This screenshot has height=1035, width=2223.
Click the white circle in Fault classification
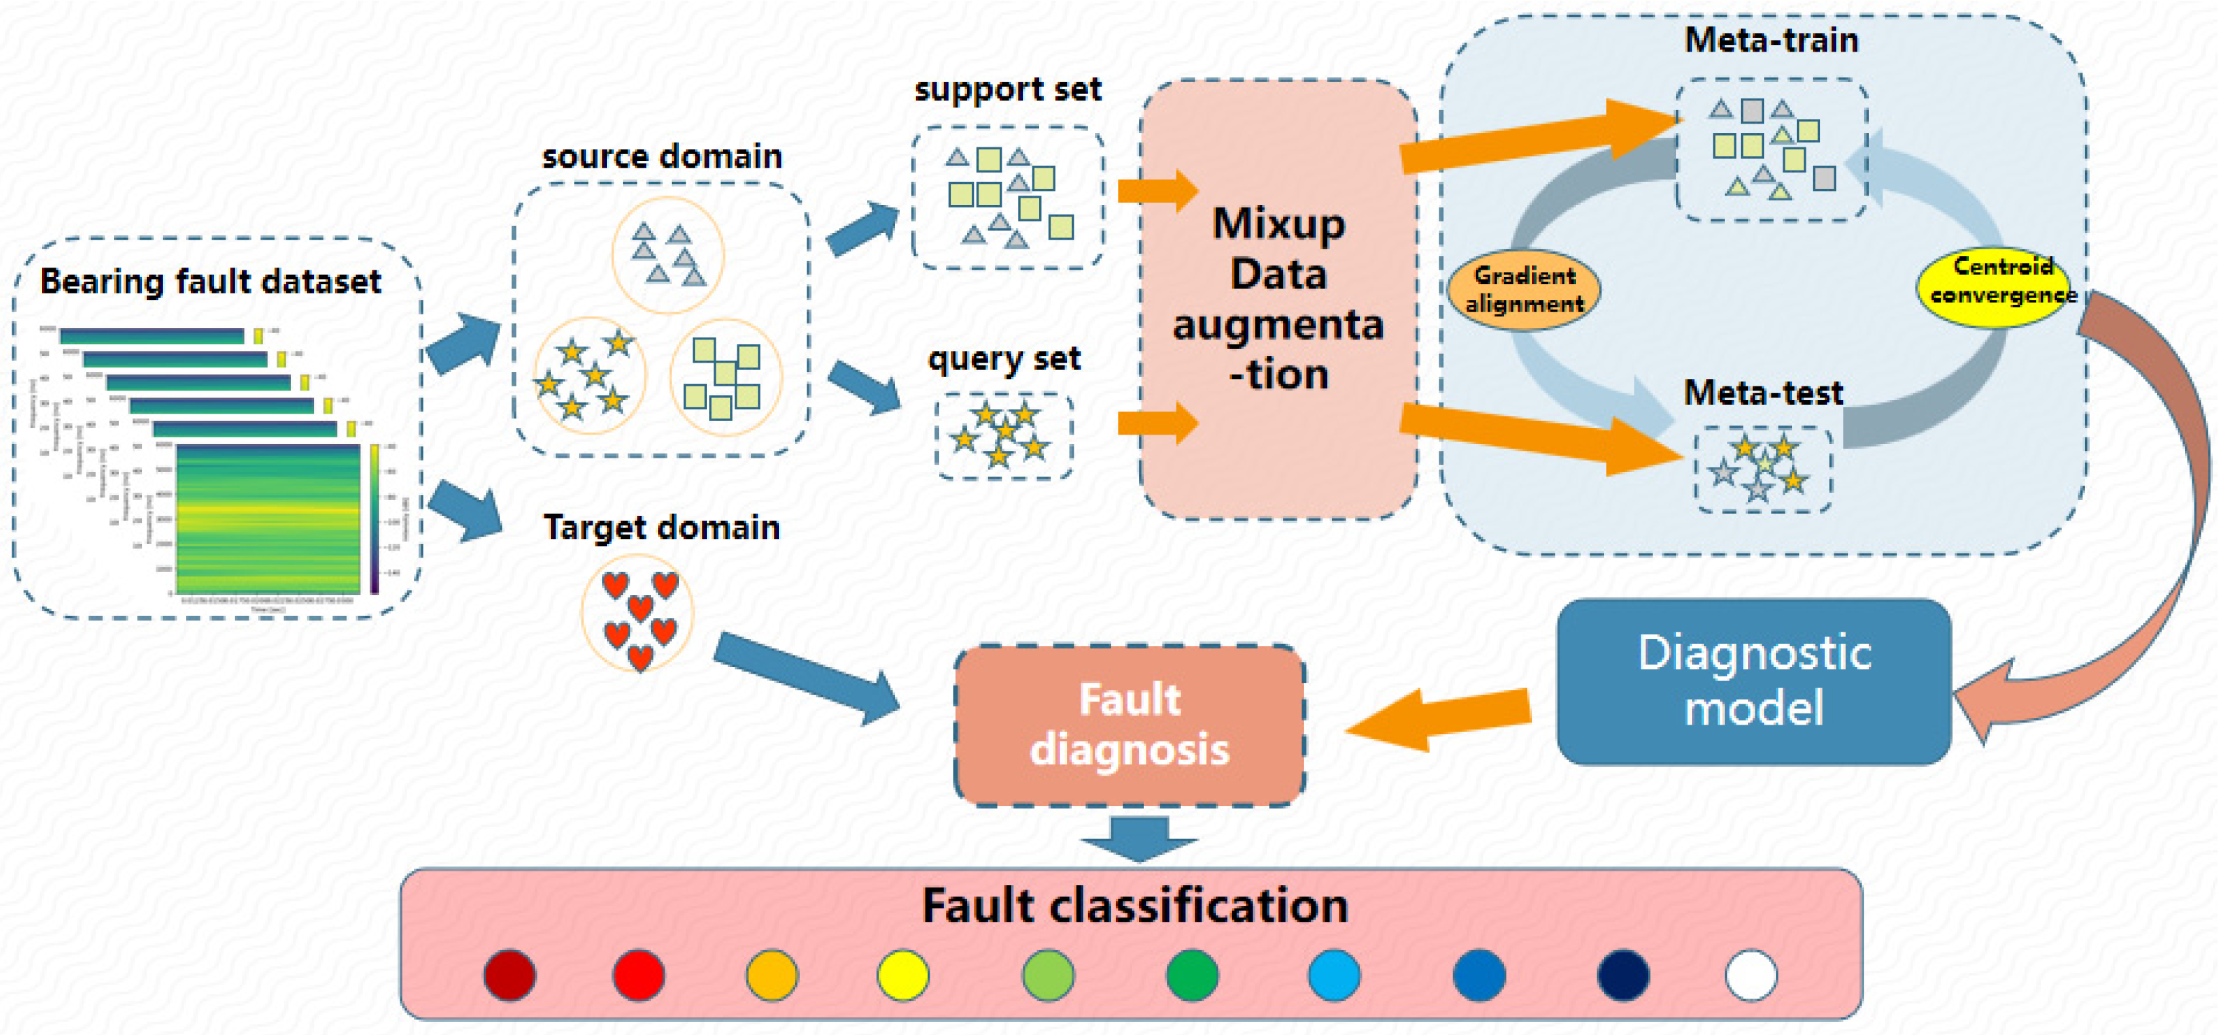(1750, 975)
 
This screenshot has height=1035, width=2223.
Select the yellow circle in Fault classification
(903, 975)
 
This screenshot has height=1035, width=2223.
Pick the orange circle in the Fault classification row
(771, 975)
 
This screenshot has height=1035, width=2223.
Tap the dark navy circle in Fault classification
(1622, 975)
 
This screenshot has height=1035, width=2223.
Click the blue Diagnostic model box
(1753, 681)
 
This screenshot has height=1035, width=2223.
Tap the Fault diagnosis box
(1129, 725)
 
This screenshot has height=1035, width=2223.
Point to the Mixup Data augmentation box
(1278, 299)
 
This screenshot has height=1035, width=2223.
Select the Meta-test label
(1762, 393)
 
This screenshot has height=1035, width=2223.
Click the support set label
(1007, 90)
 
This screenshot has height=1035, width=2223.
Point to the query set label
(1004, 359)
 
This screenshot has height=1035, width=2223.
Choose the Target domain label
(661, 527)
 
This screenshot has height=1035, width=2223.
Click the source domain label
(662, 157)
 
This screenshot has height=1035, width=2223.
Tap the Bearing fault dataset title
(211, 282)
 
